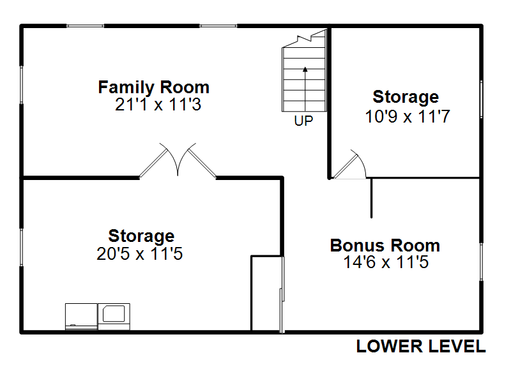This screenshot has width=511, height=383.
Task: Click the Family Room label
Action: tap(153, 87)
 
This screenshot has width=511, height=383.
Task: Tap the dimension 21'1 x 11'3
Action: tap(158, 105)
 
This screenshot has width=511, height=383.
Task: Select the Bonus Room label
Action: tap(385, 245)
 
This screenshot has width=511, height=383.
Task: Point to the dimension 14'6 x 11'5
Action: tap(386, 262)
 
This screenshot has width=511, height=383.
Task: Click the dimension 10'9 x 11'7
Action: tap(408, 116)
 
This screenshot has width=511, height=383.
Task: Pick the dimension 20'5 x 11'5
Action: tap(139, 253)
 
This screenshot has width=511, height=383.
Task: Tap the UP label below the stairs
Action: tap(303, 121)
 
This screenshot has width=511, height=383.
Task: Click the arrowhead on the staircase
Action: tap(305, 69)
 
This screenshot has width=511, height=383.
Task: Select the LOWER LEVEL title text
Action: tap(421, 346)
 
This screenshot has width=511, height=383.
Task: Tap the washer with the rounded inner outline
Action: tap(114, 316)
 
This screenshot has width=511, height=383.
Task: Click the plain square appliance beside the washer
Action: tap(81, 316)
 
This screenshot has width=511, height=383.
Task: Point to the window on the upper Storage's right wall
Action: tap(481, 99)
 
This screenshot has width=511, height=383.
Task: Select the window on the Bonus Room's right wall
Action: tap(481, 262)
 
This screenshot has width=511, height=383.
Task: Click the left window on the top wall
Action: tap(86, 26)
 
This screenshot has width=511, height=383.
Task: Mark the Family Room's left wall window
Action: tap(22, 85)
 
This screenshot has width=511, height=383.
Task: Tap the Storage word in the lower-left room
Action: tap(141, 236)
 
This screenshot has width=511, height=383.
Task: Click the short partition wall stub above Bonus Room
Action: tap(372, 198)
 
